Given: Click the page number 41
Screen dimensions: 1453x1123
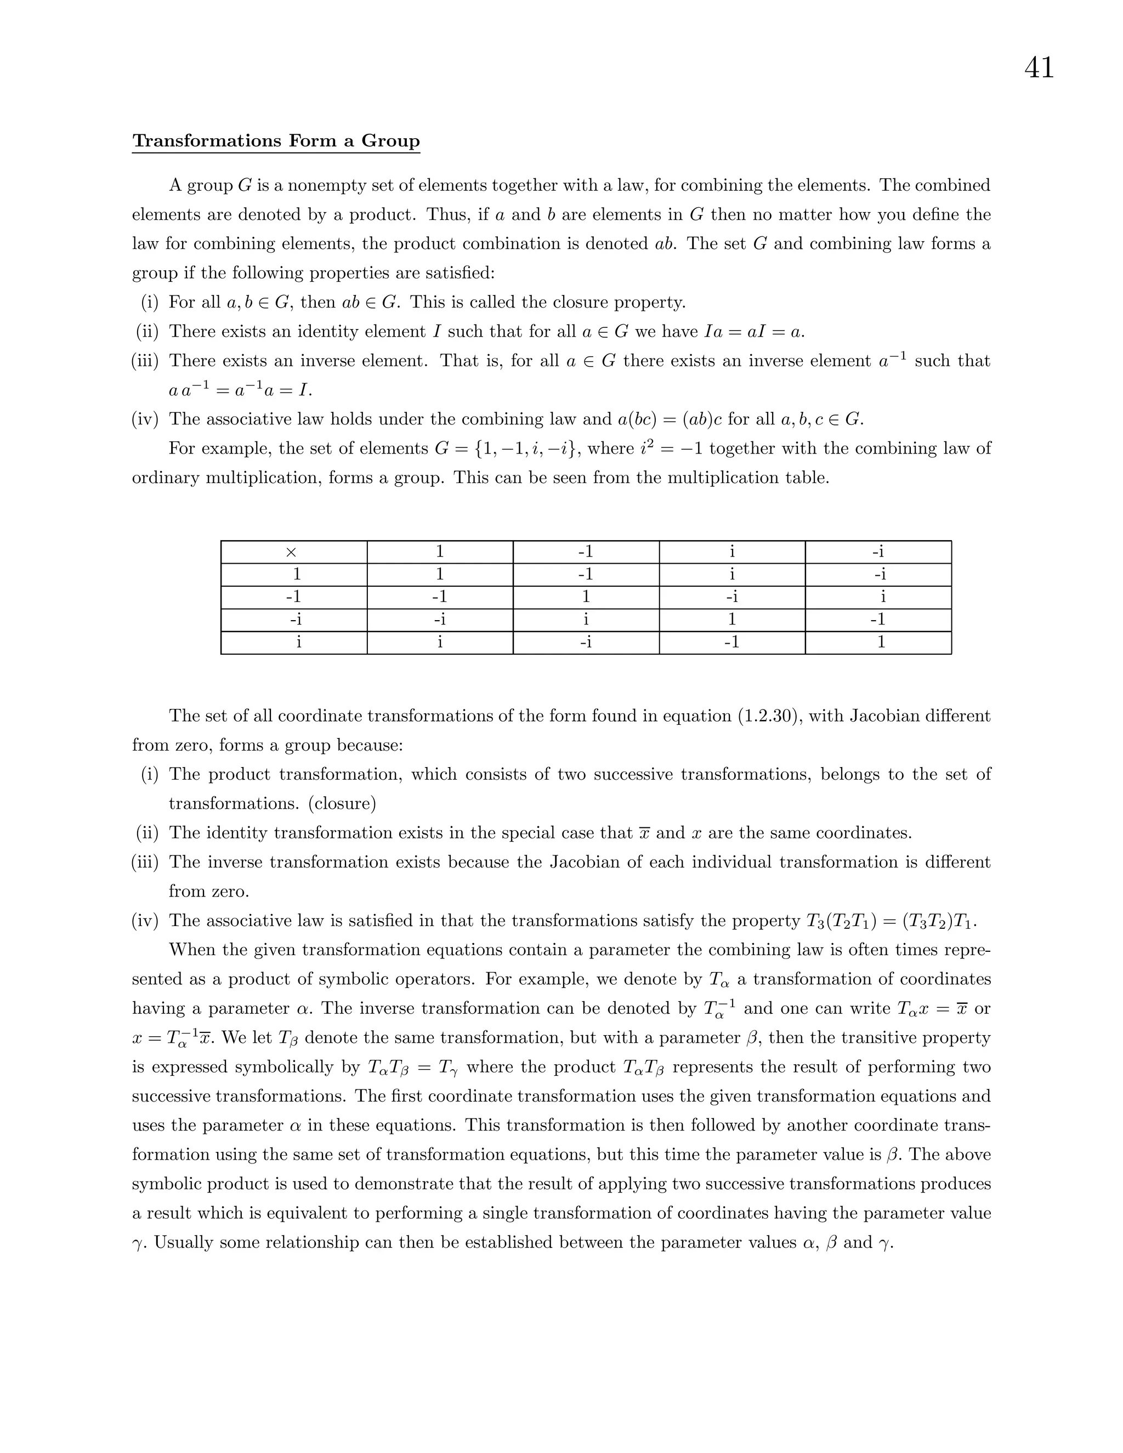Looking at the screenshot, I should (x=1039, y=68).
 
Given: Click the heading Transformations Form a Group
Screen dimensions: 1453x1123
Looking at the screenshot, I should (x=276, y=141).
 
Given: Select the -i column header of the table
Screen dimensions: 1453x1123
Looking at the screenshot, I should (x=878, y=552).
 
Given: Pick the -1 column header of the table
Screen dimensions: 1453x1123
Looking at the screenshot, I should (x=586, y=552).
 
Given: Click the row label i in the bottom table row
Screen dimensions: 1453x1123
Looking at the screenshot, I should (x=298, y=643).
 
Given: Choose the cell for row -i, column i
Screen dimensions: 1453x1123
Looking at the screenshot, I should (x=732, y=620).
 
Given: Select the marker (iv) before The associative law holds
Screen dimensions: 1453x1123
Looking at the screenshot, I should (x=145, y=420).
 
